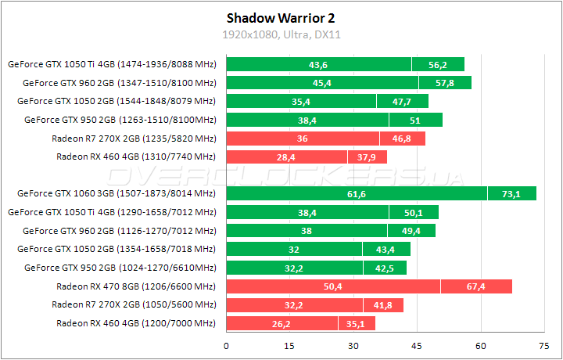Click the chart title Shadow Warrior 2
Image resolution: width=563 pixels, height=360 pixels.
pyautogui.click(x=281, y=17)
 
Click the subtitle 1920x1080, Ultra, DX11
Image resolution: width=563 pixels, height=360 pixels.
pyautogui.click(x=281, y=35)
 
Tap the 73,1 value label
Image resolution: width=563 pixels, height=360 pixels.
pyautogui.click(x=511, y=193)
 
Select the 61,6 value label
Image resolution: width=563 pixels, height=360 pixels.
pyautogui.click(x=357, y=193)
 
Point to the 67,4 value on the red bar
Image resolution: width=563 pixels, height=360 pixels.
pyautogui.click(x=475, y=286)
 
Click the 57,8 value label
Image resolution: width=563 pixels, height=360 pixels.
pyautogui.click(x=445, y=82)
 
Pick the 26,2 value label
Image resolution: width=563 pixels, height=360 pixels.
pyautogui.click(x=281, y=324)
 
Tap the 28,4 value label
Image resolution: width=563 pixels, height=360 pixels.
pyautogui.click(x=286, y=157)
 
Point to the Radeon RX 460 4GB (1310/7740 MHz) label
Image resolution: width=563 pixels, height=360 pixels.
pyautogui.click(x=136, y=157)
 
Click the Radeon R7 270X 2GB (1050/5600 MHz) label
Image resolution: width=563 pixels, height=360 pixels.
pyautogui.click(x=134, y=304)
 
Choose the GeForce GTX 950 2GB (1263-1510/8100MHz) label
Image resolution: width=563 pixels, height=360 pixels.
pyautogui.click(x=120, y=120)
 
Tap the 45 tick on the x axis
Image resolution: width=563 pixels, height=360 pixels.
pyautogui.click(x=417, y=346)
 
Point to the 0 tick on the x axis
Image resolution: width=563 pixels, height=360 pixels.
pyautogui.click(x=227, y=346)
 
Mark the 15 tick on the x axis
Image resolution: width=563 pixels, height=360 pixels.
pyautogui.click(x=290, y=346)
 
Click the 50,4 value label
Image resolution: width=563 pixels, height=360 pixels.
pyautogui.click(x=333, y=286)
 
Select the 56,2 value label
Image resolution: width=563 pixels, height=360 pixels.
pyautogui.click(x=438, y=64)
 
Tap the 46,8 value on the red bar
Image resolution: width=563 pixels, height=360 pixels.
pyautogui.click(x=402, y=139)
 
